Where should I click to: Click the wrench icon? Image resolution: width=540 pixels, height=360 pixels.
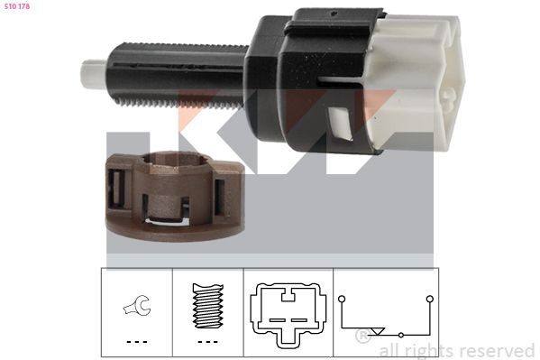click(x=136, y=308)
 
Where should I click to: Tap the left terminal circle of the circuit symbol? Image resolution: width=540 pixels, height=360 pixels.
click(x=341, y=297)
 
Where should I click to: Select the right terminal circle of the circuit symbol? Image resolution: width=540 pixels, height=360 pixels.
click(x=430, y=297)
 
